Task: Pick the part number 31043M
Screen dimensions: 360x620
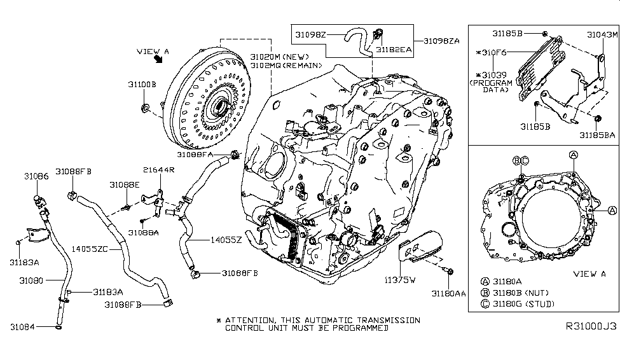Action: [x=602, y=34]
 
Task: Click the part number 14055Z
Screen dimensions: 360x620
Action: [x=227, y=240]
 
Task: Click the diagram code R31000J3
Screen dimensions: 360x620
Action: [x=591, y=325]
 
